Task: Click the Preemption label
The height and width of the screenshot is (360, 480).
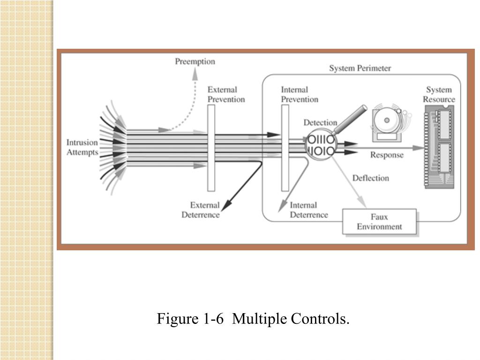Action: (x=195, y=61)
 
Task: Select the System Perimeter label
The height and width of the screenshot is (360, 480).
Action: (x=360, y=68)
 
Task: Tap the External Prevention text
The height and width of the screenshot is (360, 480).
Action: (x=226, y=94)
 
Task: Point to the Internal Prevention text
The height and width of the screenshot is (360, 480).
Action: (x=299, y=94)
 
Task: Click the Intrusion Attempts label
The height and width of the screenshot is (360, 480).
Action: (x=82, y=147)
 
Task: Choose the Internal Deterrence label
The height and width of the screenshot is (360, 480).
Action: (x=308, y=210)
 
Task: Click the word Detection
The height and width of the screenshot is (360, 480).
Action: (x=320, y=123)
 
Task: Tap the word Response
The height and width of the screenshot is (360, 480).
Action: (x=387, y=155)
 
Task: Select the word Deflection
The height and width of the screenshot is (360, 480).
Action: (x=370, y=178)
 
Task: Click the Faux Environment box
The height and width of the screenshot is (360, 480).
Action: (x=379, y=222)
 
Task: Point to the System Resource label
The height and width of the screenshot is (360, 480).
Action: (x=439, y=94)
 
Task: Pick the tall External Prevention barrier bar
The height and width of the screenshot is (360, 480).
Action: (x=211, y=148)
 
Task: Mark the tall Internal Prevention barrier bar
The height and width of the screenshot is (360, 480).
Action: (x=285, y=148)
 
